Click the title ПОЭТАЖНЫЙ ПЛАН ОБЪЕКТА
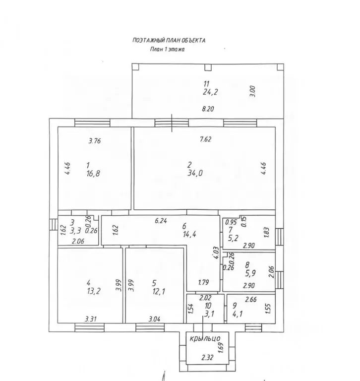click(169, 40)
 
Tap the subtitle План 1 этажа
click(168, 49)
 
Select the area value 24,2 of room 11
click(210, 92)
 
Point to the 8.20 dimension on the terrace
click(208, 109)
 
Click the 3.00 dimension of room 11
click(252, 91)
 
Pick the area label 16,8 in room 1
click(93, 174)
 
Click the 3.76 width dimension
click(95, 141)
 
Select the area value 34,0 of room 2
click(195, 173)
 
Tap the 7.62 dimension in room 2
click(205, 139)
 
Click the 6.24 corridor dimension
click(161, 221)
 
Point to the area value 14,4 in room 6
click(189, 235)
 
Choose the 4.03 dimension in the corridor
click(216, 253)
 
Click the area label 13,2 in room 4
click(93, 291)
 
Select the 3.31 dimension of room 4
click(91, 319)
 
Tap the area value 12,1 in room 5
click(159, 291)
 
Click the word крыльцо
click(205, 338)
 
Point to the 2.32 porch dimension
click(207, 357)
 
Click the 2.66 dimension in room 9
click(251, 299)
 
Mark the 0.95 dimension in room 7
click(231, 222)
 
